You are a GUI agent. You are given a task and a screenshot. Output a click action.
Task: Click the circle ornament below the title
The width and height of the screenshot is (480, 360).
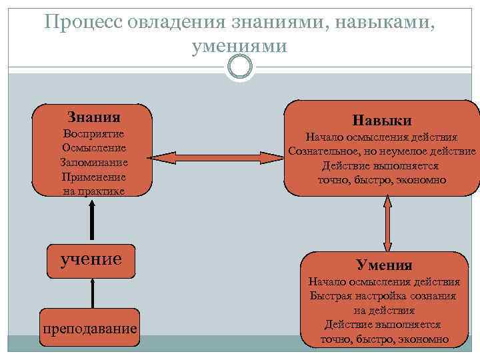tap(239, 67)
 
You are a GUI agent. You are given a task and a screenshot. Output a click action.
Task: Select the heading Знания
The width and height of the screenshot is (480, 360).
tap(94, 117)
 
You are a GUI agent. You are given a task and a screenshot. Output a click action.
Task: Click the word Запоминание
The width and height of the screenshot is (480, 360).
tap(93, 162)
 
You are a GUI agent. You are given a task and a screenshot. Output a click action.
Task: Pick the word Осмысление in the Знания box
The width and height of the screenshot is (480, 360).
tap(93, 147)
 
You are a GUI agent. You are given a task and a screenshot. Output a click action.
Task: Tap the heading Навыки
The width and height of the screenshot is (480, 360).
tap(382, 121)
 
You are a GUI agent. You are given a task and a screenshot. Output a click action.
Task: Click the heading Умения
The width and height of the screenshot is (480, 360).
tap(383, 265)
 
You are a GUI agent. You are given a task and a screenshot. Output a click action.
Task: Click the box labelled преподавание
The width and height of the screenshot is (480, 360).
tap(89, 328)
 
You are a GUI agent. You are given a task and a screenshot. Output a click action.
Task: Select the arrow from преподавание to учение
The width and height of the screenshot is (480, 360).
tap(91, 293)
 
